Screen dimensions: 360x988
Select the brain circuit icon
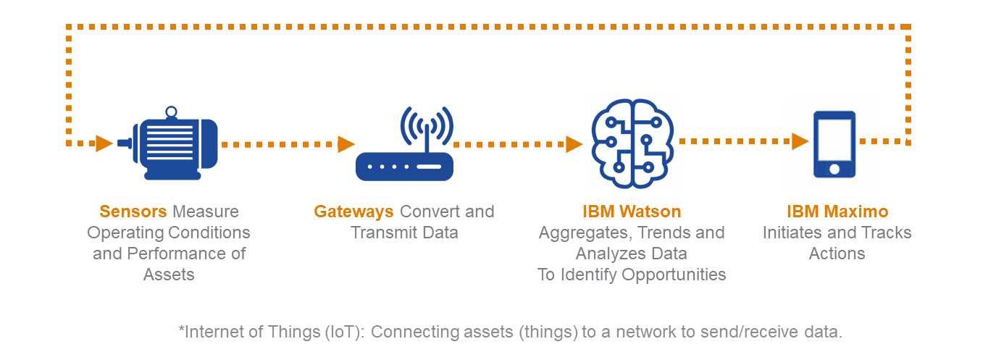click(632, 141)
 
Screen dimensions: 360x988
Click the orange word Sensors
click(133, 212)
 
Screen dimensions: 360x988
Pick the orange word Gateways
click(353, 212)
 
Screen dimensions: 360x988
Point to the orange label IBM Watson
click(632, 212)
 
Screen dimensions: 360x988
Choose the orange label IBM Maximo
click(837, 212)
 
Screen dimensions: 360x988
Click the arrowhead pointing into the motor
click(104, 143)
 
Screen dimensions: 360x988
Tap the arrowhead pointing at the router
click(346, 144)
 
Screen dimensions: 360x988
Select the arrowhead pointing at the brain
click(574, 144)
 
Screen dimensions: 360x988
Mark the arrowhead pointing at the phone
click(800, 141)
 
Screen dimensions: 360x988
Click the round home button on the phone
click(834, 169)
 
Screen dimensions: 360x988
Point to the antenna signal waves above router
click(426, 125)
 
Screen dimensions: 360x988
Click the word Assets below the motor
click(169, 275)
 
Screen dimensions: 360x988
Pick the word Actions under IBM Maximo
click(837, 254)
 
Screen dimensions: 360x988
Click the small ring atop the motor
click(171, 112)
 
